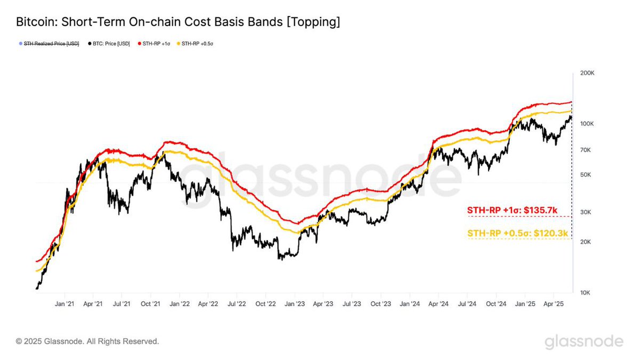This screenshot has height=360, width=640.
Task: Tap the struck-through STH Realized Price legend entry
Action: tap(51, 43)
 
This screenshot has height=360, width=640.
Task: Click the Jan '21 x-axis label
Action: tap(65, 304)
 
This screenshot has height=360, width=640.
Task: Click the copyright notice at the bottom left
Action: tap(87, 341)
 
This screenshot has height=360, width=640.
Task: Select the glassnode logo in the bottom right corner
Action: tap(584, 341)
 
